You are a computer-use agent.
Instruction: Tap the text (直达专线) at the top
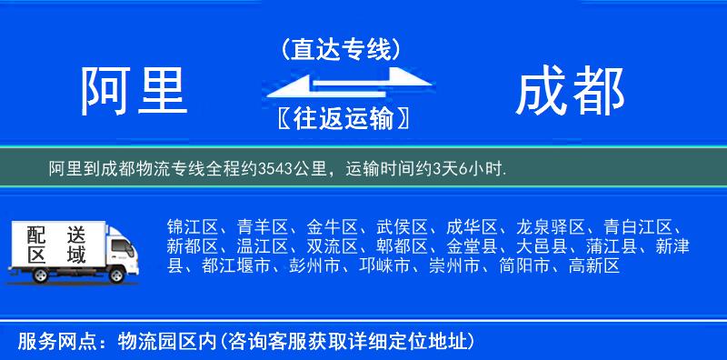(341, 49)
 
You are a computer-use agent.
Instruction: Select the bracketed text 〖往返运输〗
(340, 118)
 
